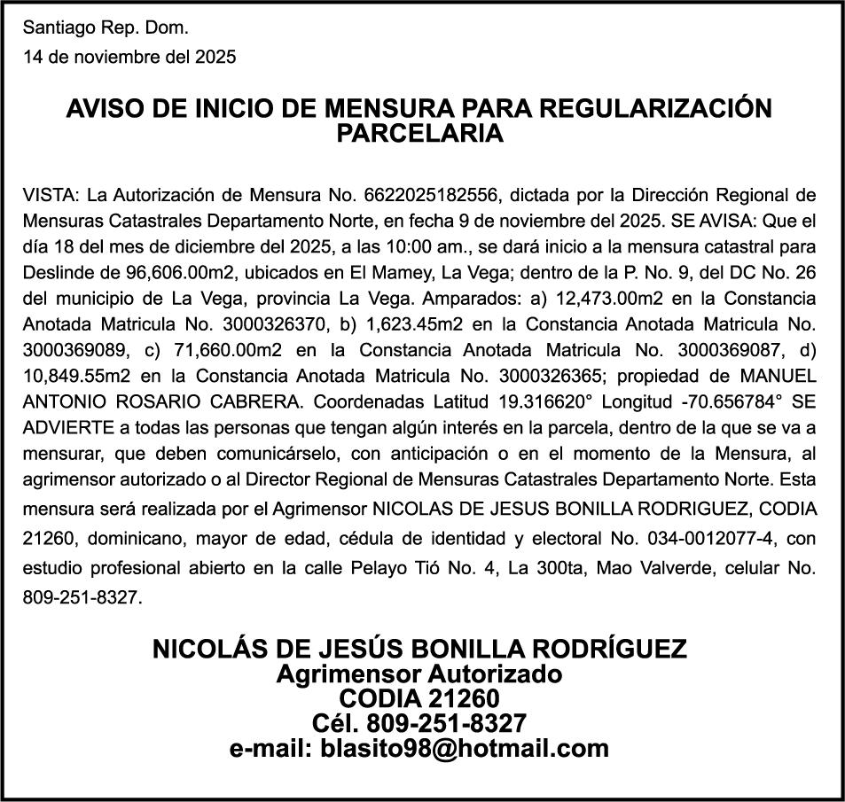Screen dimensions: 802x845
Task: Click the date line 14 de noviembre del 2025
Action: click(x=129, y=58)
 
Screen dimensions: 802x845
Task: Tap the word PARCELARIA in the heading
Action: click(x=420, y=135)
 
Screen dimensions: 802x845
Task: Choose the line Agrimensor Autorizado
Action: click(x=419, y=674)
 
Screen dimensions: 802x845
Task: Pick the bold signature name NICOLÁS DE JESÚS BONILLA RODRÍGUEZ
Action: click(x=419, y=648)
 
